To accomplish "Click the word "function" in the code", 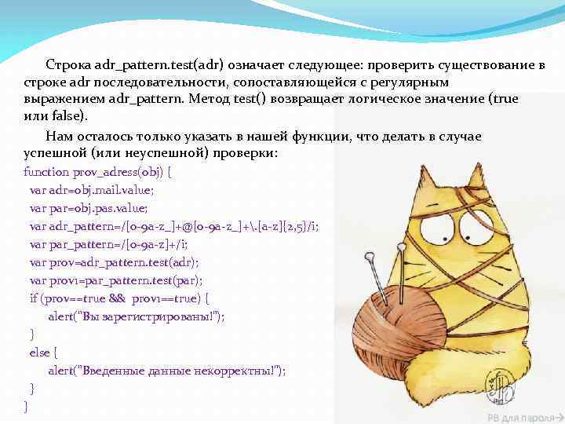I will click(x=46, y=172).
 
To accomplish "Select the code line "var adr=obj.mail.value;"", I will click(x=91, y=190).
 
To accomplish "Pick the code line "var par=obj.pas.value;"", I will click(x=88, y=208).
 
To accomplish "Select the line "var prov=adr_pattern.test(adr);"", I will click(x=114, y=262).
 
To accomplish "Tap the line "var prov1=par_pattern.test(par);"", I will click(x=115, y=280).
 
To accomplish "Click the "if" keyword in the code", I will click(x=33, y=298).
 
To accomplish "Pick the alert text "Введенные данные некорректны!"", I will click(x=173, y=371).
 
